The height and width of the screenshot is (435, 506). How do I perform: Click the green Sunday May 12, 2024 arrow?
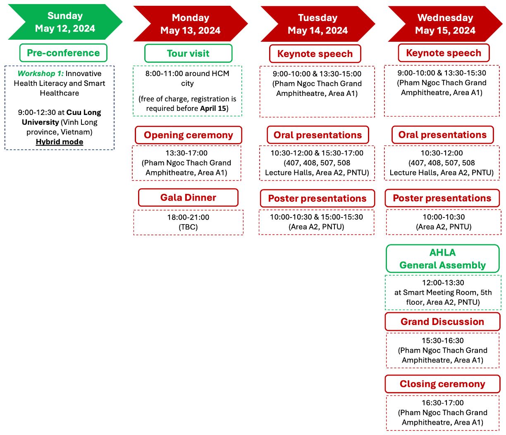65,22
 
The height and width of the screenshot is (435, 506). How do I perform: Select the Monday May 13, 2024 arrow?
191,24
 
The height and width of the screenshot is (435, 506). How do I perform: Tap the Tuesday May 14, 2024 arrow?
318,24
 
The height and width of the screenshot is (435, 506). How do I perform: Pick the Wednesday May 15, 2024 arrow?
445,24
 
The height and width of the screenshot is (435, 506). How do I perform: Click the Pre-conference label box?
63,53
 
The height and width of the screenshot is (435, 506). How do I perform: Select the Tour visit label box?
188,53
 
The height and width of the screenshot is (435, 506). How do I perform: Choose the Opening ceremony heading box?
188,135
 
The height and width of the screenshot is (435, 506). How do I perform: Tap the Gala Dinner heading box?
188,197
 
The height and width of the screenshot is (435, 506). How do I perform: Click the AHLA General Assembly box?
443,259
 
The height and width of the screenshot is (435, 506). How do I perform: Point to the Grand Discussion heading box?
442,322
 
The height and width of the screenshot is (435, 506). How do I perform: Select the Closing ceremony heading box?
442,384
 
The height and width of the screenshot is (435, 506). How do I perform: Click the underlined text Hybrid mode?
60,142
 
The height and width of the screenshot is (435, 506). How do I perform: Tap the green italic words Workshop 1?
41,74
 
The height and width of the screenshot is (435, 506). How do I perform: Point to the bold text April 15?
213,108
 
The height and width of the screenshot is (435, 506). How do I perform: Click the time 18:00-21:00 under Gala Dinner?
188,217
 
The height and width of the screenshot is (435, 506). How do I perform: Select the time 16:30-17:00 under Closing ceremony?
443,403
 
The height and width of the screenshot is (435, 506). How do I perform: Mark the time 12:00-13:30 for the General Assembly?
443,283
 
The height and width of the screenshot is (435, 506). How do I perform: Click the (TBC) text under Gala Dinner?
188,227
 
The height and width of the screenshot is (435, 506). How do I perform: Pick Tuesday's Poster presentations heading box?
317,198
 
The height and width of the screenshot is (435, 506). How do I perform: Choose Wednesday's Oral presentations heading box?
443,135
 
